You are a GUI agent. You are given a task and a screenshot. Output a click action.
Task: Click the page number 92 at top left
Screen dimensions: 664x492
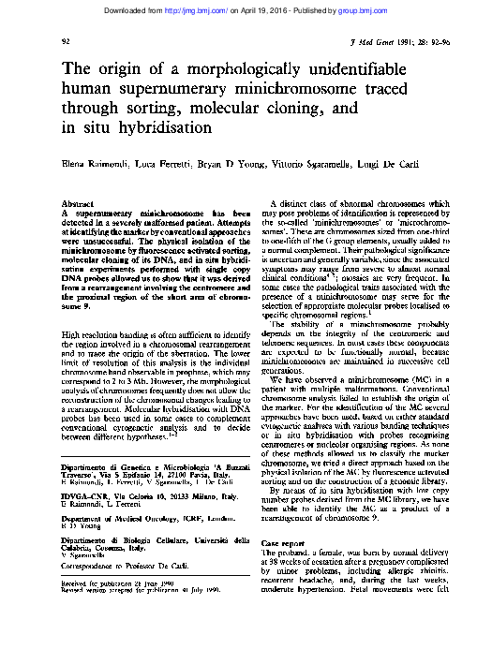coord(65,43)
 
